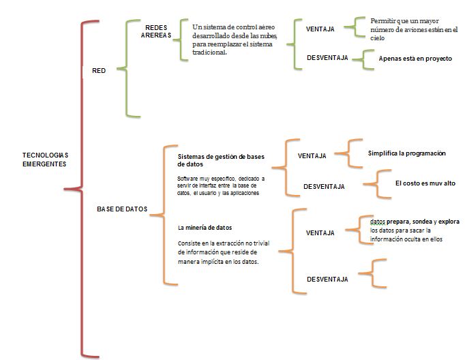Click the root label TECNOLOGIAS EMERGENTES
pos(45,159)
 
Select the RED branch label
pos(99,70)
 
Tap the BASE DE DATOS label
pos(122,209)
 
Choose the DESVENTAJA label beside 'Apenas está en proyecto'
pos(327,58)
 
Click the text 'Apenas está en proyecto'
pos(415,59)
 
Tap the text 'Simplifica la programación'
pos(406,153)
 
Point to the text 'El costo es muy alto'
pos(425,183)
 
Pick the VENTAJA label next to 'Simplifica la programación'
pos(312,155)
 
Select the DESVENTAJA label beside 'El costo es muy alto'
pos(324,186)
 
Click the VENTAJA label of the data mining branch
pos(320,232)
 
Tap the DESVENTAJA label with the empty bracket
pos(327,279)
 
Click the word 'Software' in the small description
pos(188,178)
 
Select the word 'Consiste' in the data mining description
pos(190,243)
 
